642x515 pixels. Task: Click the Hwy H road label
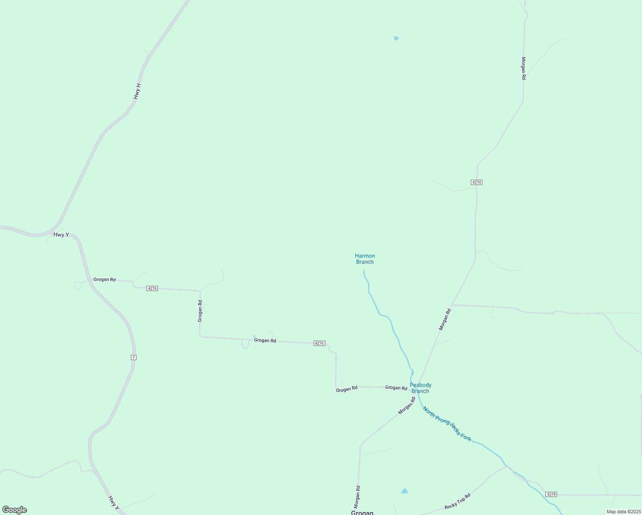[137, 91]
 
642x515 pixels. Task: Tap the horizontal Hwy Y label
[61, 235]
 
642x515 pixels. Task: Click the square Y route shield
[133, 357]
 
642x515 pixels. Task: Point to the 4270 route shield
[476, 182]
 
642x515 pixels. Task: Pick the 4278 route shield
[551, 494]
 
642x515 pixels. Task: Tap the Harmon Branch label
[365, 259]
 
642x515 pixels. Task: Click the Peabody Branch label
[421, 388]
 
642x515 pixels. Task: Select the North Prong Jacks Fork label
[447, 424]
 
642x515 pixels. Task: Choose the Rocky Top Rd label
[457, 501]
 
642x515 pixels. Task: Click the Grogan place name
[362, 512]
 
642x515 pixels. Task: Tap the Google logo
[15, 510]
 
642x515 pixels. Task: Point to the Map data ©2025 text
[623, 512]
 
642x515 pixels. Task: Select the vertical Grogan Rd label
[200, 311]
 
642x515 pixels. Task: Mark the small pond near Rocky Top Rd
[404, 491]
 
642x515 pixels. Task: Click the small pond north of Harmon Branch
[396, 38]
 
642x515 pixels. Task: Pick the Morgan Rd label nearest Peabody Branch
[407, 406]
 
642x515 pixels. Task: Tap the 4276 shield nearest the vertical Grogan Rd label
[152, 288]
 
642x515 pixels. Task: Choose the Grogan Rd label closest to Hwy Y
[104, 279]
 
